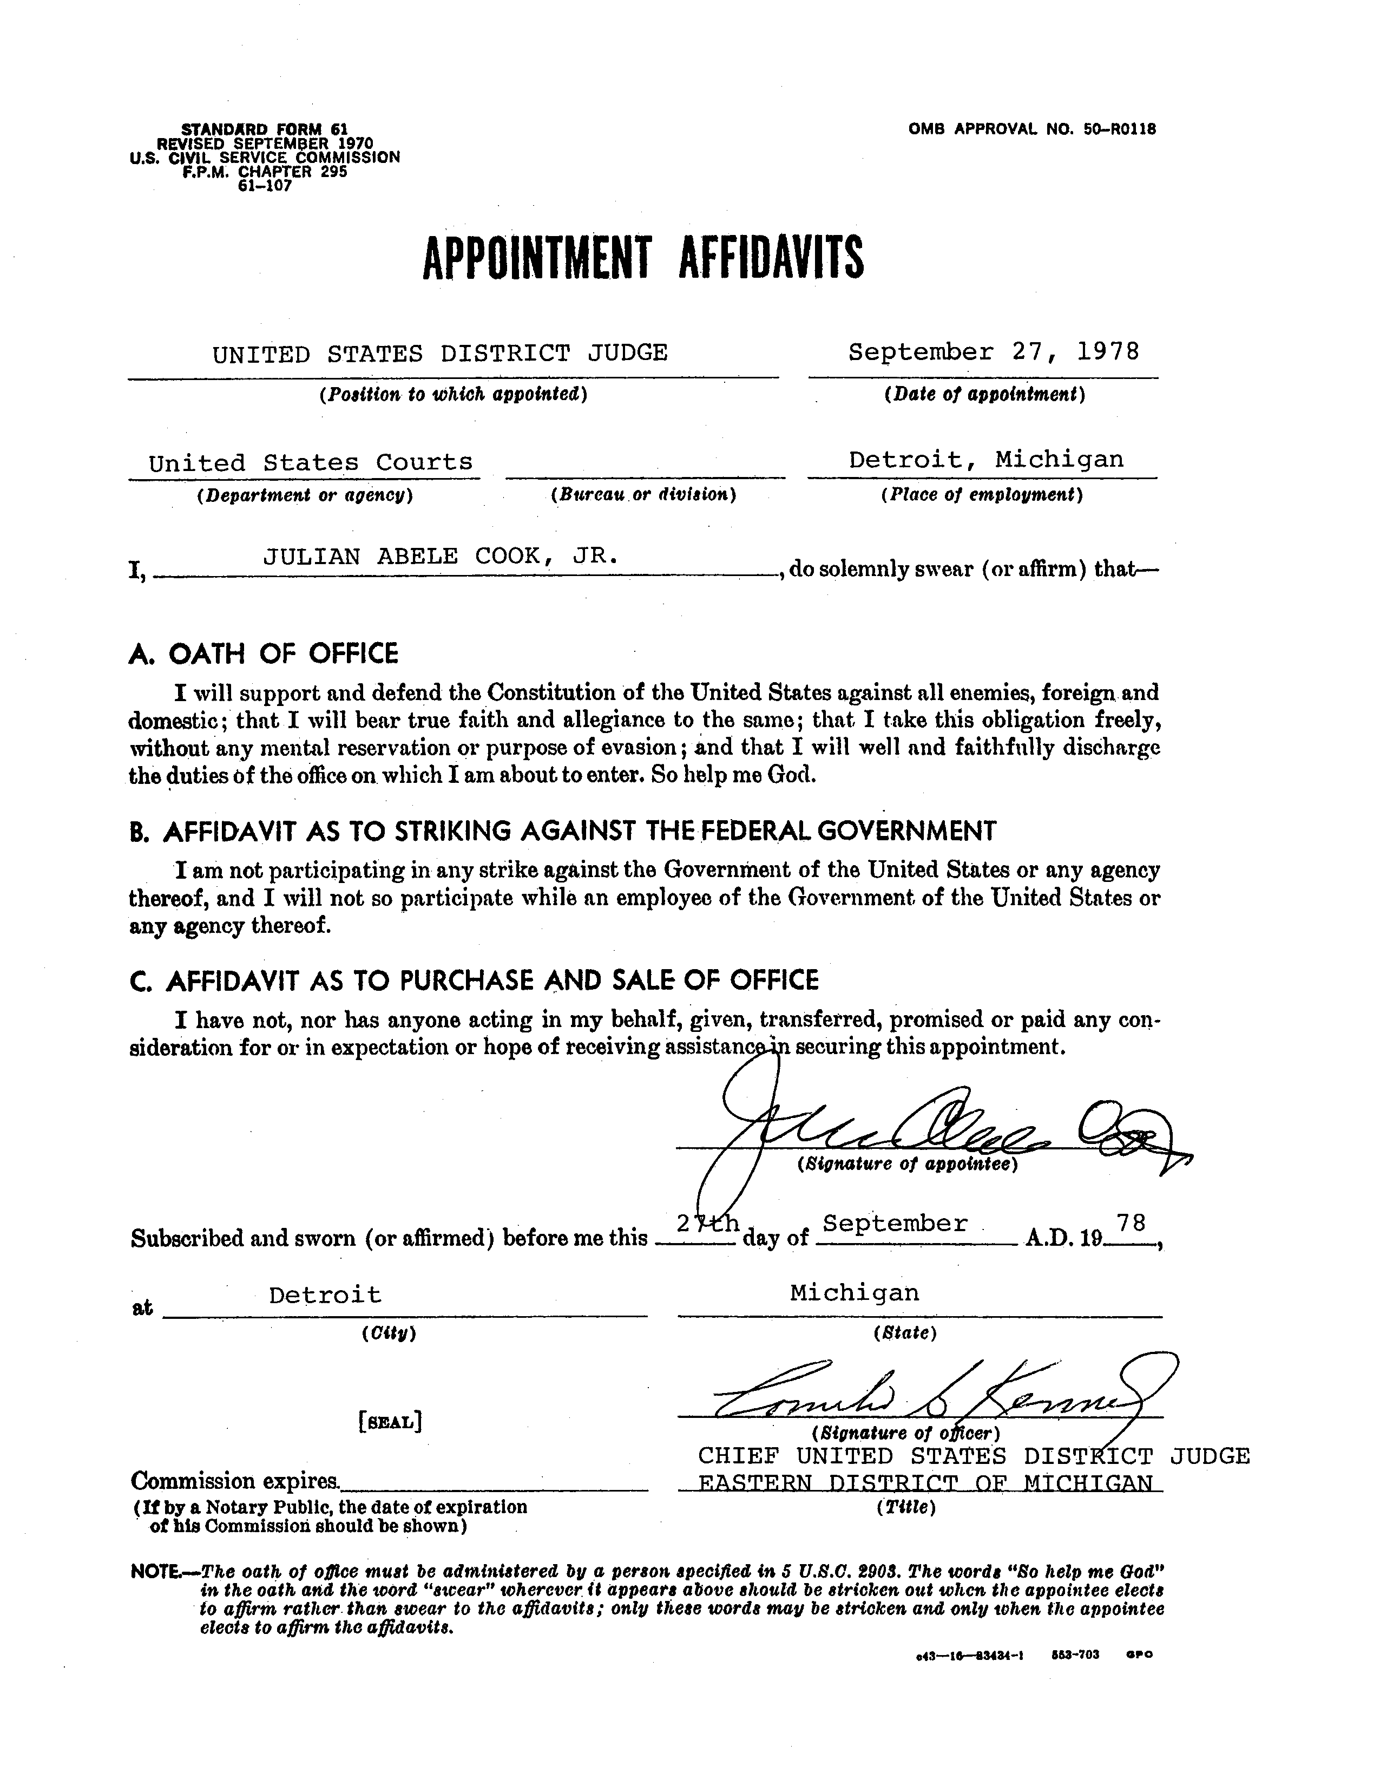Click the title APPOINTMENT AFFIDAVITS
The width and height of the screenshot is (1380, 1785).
click(642, 258)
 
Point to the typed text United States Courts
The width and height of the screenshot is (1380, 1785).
click(311, 462)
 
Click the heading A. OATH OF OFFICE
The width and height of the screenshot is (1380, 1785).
click(263, 654)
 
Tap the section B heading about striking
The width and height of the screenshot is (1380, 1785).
click(563, 831)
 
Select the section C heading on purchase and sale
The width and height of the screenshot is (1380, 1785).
click(474, 979)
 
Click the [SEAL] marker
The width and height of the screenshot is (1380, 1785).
click(390, 1421)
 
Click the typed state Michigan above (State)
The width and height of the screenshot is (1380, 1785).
click(854, 1292)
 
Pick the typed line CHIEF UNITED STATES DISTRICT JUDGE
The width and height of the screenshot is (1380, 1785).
click(972, 1456)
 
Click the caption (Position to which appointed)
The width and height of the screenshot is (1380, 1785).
click(454, 395)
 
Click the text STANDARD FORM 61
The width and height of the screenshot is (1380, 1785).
click(264, 129)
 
